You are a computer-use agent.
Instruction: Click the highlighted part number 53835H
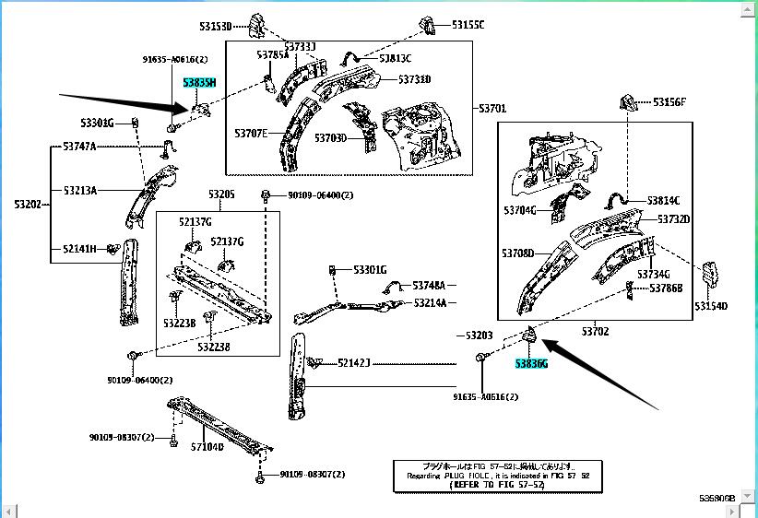[x=199, y=83]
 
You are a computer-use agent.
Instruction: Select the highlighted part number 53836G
[x=531, y=364]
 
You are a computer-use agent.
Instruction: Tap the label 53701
[x=492, y=109]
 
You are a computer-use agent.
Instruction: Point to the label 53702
[x=595, y=331]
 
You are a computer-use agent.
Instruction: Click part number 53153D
[x=215, y=25]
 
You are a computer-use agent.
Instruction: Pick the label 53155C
[x=468, y=25]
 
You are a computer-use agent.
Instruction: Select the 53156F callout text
[x=670, y=102]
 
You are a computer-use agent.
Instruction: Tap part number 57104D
[x=207, y=447]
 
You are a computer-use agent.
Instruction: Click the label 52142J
[x=353, y=362]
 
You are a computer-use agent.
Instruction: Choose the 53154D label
[x=711, y=307]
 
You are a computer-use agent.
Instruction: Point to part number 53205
[x=221, y=194]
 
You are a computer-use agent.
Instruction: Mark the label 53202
[x=29, y=204]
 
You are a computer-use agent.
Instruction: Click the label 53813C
[x=396, y=58]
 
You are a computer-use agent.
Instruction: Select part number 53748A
[x=429, y=286]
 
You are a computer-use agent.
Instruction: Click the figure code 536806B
[x=717, y=498]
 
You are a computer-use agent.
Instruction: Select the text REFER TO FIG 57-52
[x=487, y=483]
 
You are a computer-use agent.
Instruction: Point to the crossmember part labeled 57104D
[x=221, y=426]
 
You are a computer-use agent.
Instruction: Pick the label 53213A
[x=79, y=191]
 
